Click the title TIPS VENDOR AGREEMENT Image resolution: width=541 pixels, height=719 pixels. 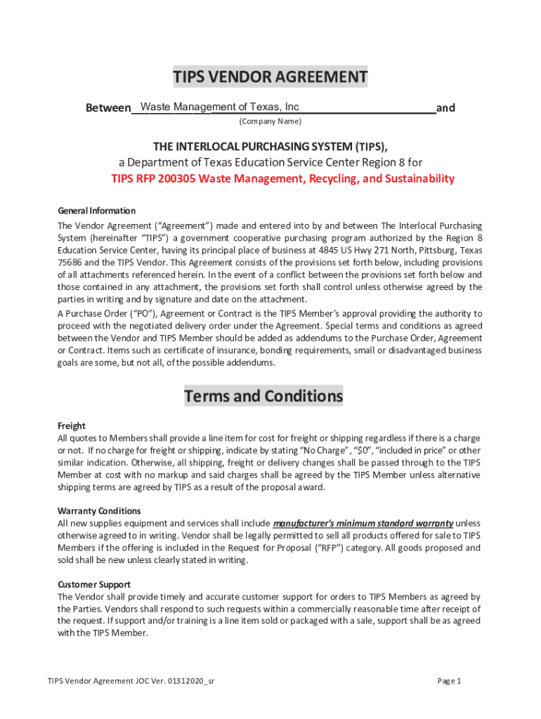(x=270, y=77)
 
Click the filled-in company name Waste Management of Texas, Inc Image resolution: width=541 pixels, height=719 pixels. (x=220, y=107)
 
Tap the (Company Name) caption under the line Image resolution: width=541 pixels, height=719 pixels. (x=270, y=121)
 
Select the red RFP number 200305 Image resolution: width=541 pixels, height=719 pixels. (x=176, y=178)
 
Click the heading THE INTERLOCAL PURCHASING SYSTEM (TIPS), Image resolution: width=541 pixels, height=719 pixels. (x=270, y=146)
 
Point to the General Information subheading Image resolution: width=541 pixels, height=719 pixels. (x=96, y=211)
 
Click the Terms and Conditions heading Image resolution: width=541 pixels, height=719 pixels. (x=263, y=396)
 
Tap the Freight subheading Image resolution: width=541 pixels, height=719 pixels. (x=71, y=426)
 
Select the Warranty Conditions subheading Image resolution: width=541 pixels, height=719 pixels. (x=99, y=510)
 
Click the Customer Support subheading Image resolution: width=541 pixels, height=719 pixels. (x=93, y=584)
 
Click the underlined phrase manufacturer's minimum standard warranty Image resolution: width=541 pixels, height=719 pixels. (x=363, y=523)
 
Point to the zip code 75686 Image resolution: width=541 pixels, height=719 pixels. (x=70, y=262)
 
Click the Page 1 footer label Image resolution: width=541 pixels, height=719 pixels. (x=449, y=681)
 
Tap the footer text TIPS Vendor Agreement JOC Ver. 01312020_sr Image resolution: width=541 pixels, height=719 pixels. (x=131, y=681)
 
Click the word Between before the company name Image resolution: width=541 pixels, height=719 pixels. (x=108, y=108)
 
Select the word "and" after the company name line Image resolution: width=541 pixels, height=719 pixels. (x=445, y=108)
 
